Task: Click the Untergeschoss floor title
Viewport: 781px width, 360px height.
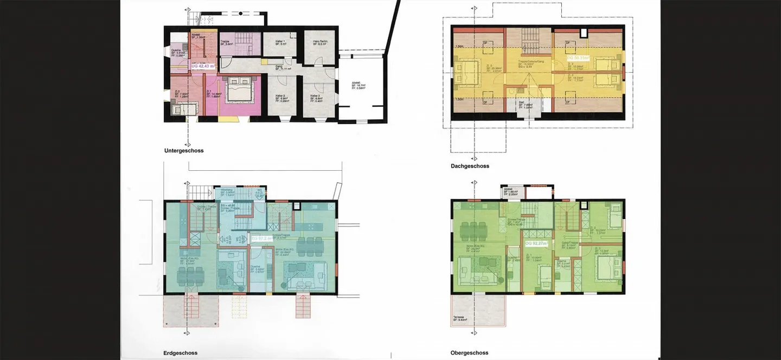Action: coord(184,151)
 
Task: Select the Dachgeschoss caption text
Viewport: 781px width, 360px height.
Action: coord(470,166)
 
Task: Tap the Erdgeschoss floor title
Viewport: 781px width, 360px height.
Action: coord(181,353)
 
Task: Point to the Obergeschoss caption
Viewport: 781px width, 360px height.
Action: coord(470,353)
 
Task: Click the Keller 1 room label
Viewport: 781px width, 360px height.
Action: coord(280,42)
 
